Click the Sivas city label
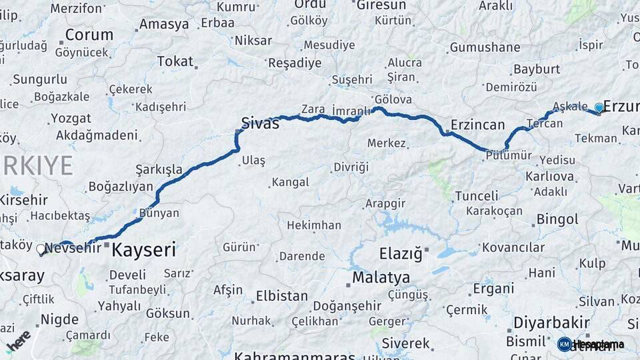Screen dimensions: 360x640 (260, 123)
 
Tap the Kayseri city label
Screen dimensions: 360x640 (143, 251)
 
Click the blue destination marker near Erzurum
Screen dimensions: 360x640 (599, 107)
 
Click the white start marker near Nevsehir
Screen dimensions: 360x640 (41, 250)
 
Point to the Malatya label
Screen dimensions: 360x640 (381, 277)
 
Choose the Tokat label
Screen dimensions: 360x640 (175, 61)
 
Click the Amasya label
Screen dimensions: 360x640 (163, 25)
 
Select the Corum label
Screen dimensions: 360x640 (89, 35)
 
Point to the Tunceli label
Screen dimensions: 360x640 (476, 196)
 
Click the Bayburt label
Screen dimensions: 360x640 (536, 69)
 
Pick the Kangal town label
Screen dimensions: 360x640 (290, 182)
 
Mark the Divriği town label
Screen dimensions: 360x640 (351, 167)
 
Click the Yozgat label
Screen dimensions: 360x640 (71, 119)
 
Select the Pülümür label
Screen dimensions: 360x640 (509, 155)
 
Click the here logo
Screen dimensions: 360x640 (19, 339)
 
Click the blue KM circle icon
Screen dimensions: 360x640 (564, 344)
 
